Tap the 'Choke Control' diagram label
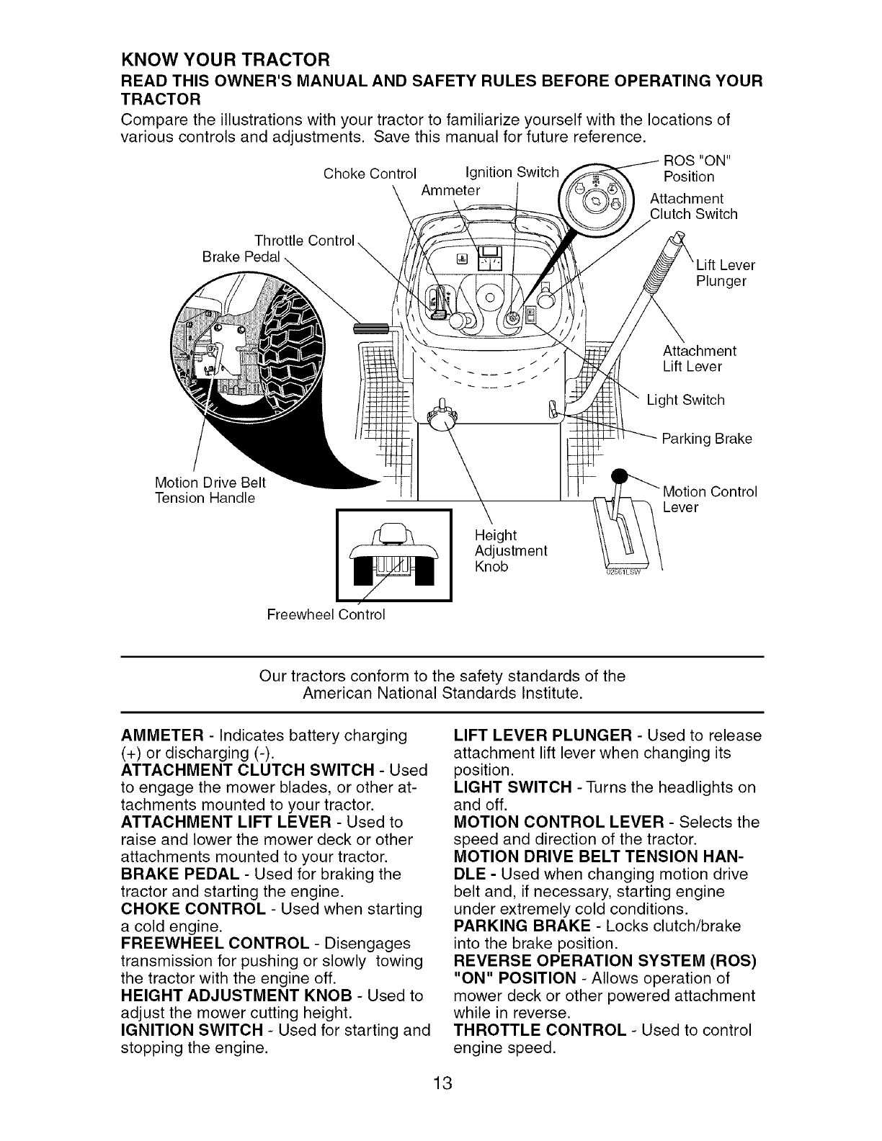(x=370, y=174)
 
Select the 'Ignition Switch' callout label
(x=512, y=171)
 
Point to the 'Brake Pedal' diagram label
(x=241, y=257)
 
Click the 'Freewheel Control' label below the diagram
(x=326, y=614)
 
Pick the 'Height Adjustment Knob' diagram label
(x=511, y=550)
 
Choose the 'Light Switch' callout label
(x=685, y=400)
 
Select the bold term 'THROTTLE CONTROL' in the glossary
(x=539, y=1030)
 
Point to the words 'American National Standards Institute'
(x=442, y=694)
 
